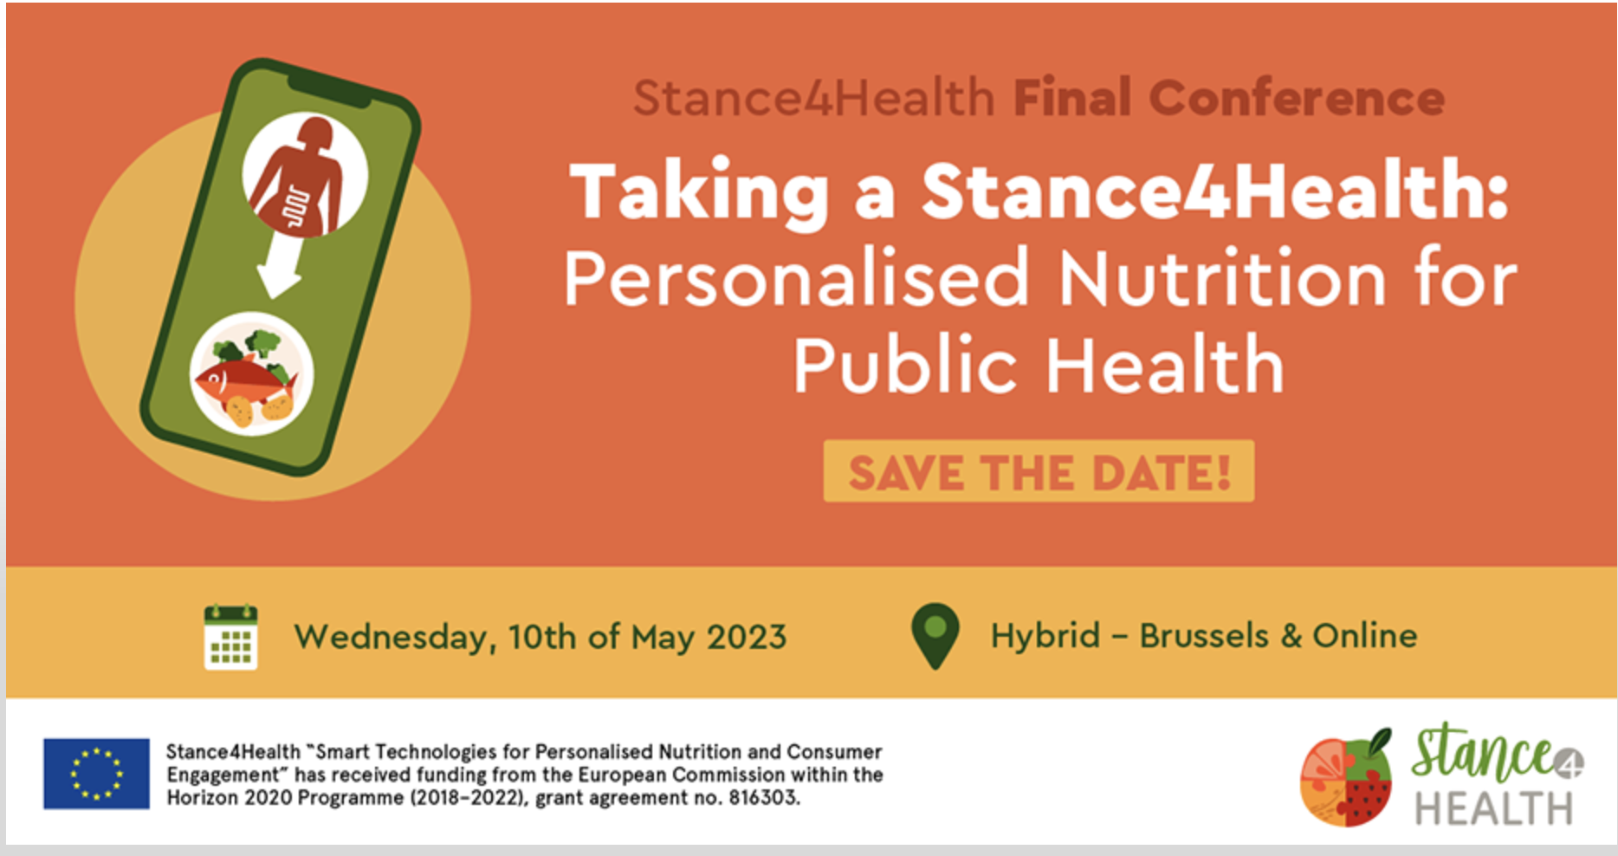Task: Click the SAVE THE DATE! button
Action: [1039, 471]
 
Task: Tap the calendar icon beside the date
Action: [230, 638]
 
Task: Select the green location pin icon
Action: [935, 636]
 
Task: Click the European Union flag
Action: [96, 774]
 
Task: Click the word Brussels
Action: [1204, 636]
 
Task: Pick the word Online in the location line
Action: [1365, 636]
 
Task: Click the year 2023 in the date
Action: [747, 638]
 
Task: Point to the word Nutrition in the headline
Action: [1222, 279]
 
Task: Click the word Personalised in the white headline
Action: [796, 279]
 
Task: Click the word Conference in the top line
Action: [1297, 98]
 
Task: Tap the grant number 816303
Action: [762, 797]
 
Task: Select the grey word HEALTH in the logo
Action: [1493, 808]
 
